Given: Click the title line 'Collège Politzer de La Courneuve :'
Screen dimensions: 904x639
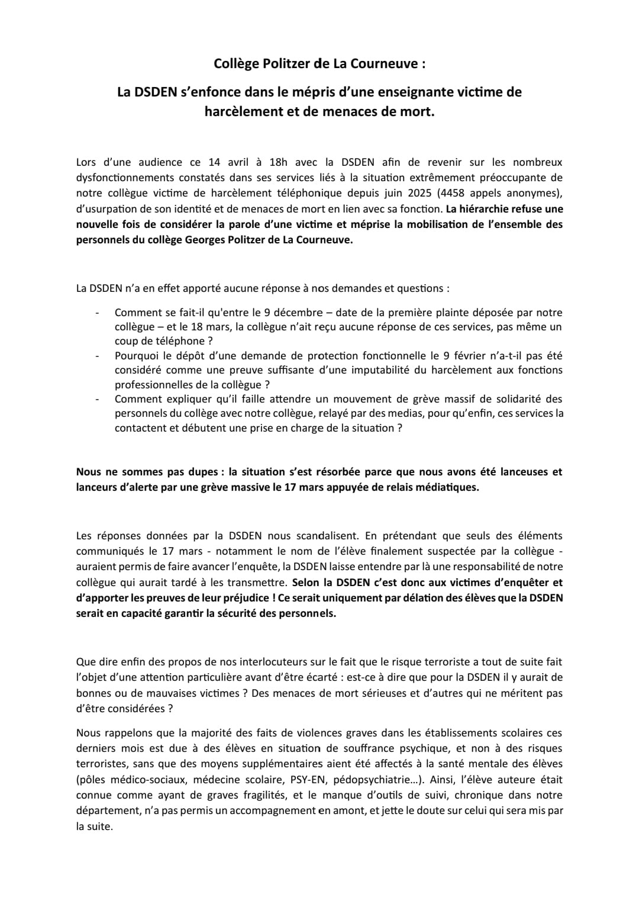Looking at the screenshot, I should coord(319,63).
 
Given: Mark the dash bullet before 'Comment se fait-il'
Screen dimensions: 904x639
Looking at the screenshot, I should coord(97,313).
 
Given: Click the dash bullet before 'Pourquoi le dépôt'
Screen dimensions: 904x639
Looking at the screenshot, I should coord(97,356).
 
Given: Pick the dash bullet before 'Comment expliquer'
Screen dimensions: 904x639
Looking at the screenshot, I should coord(97,400).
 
